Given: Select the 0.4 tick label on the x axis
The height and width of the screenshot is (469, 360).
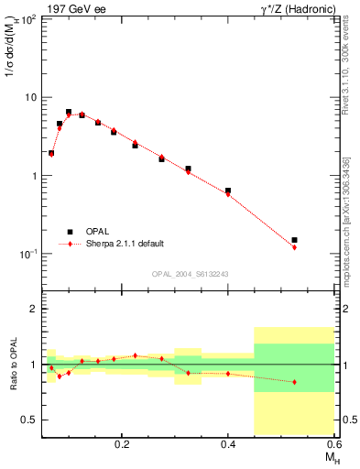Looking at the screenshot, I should (x=229, y=444).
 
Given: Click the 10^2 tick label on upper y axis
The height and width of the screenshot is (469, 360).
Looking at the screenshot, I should (x=28, y=20).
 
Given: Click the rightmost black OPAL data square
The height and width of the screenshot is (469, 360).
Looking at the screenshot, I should (x=294, y=240).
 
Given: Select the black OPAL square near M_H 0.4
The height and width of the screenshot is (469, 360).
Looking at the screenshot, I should (x=228, y=191).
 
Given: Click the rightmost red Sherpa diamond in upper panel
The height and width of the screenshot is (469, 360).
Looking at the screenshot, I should (x=294, y=247).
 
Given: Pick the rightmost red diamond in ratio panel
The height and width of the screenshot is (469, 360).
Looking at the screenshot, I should (x=294, y=382).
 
